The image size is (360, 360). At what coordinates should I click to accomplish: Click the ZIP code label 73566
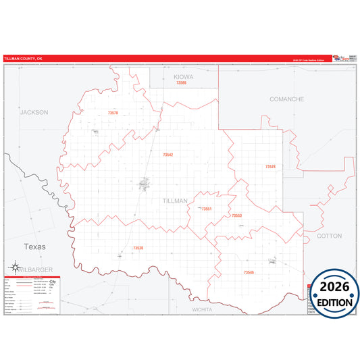181,83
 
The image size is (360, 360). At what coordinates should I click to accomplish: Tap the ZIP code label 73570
113,113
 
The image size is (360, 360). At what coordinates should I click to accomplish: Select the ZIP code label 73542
168,155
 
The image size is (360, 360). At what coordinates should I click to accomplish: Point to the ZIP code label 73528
270,166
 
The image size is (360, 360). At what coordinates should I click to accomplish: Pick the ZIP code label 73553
236,215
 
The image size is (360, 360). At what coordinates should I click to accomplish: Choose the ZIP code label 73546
249,272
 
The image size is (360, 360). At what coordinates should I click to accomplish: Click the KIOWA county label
183,77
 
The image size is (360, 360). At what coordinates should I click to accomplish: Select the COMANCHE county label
286,99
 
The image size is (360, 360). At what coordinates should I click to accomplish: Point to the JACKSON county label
34,112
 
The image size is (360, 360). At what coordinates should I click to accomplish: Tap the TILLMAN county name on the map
175,201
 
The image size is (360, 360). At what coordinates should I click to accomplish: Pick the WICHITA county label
202,309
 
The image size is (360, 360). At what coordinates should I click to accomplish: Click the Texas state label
34,247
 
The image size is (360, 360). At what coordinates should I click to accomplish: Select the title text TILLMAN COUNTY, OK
24,59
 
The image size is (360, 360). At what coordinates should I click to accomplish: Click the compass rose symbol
16,268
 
